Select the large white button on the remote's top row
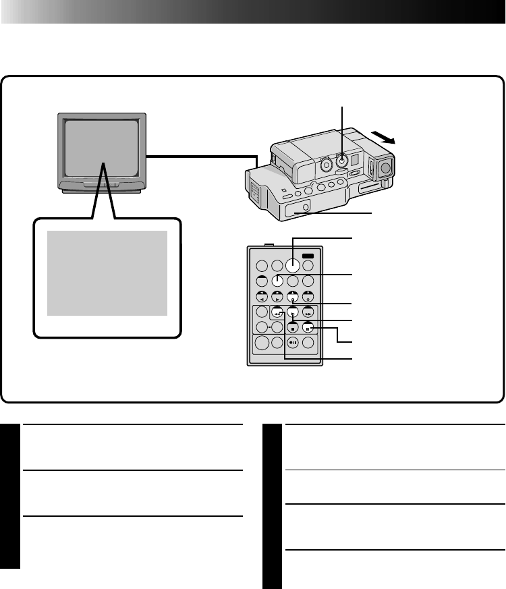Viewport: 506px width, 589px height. coord(293,265)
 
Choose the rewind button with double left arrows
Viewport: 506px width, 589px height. coord(277,313)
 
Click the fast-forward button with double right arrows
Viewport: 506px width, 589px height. coord(308,313)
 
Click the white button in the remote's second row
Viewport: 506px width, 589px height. coord(277,281)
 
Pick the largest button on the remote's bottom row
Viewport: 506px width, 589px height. coord(261,343)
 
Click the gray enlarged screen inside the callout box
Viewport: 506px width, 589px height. coord(107,273)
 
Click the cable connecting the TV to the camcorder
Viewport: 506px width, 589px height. coord(202,157)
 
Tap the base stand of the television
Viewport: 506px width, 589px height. coord(102,190)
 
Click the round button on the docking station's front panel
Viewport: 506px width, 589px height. coord(304,207)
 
